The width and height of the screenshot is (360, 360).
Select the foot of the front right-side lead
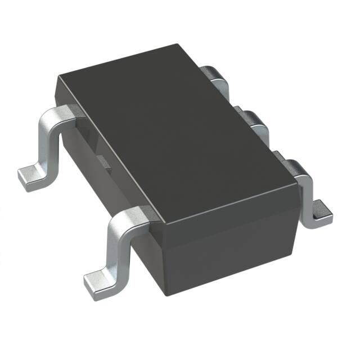322,211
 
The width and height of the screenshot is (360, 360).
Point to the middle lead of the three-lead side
254,120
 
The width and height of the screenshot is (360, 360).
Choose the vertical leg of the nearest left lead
118,247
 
